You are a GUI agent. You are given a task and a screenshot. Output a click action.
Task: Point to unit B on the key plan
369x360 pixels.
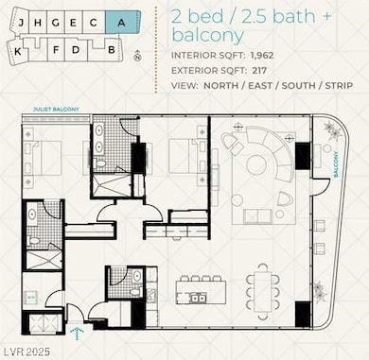click(x=112, y=47)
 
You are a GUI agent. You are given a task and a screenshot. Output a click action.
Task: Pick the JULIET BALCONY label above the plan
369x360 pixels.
click(x=50, y=110)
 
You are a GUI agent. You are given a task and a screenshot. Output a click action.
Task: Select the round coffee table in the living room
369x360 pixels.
click(x=256, y=165)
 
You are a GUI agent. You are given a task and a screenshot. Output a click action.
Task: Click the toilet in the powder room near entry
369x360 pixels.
click(x=136, y=277)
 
